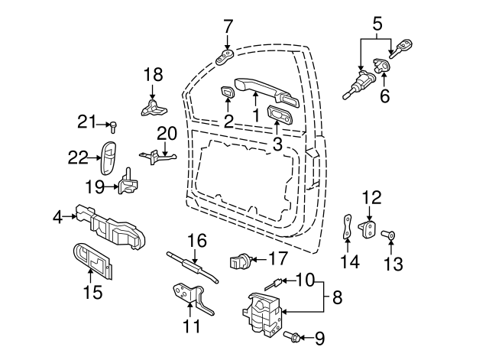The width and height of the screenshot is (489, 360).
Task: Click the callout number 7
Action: click(x=228, y=27)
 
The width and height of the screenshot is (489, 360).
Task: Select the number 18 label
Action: click(x=154, y=75)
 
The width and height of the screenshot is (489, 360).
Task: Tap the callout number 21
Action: click(x=86, y=121)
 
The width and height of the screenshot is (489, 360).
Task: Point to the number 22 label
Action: click(x=78, y=157)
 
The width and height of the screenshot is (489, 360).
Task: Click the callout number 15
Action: click(x=92, y=292)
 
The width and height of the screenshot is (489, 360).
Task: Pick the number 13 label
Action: click(x=393, y=264)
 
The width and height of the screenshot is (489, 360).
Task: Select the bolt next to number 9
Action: click(x=291, y=336)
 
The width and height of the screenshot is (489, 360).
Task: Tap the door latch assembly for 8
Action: click(x=264, y=313)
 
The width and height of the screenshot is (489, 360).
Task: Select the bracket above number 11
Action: click(x=191, y=297)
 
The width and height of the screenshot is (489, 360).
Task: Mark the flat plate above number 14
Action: click(x=348, y=227)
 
